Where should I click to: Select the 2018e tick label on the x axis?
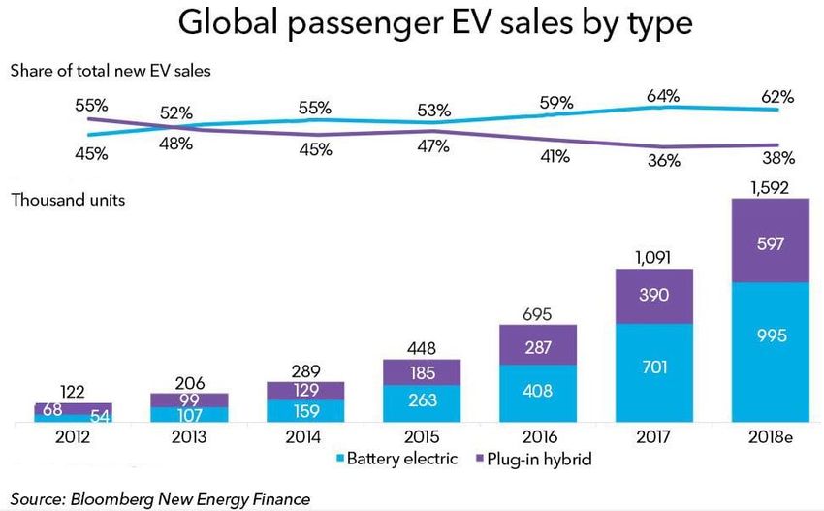(x=771, y=437)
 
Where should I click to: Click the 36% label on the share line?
(x=664, y=162)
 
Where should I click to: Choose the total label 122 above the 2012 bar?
(x=74, y=391)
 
